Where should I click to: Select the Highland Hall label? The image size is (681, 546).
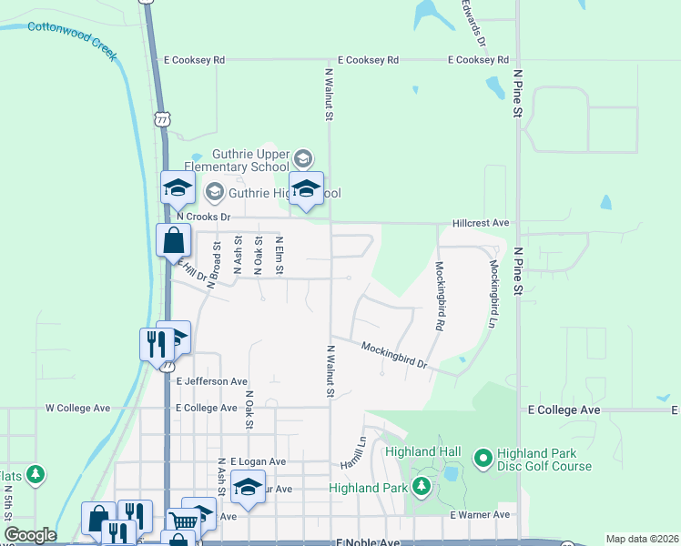(x=422, y=452)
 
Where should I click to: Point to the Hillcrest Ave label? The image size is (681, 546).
(x=481, y=223)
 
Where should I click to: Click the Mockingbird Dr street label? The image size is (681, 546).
(x=393, y=354)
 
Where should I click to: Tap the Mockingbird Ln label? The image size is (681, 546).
(x=494, y=282)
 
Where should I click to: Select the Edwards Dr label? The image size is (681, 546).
(x=473, y=25)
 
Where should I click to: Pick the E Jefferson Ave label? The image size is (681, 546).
(x=212, y=381)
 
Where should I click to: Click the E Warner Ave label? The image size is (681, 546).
(x=480, y=515)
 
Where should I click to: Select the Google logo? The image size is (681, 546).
(x=30, y=535)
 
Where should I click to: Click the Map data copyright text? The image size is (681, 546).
(x=642, y=539)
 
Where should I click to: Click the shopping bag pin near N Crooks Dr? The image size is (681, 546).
(x=173, y=242)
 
